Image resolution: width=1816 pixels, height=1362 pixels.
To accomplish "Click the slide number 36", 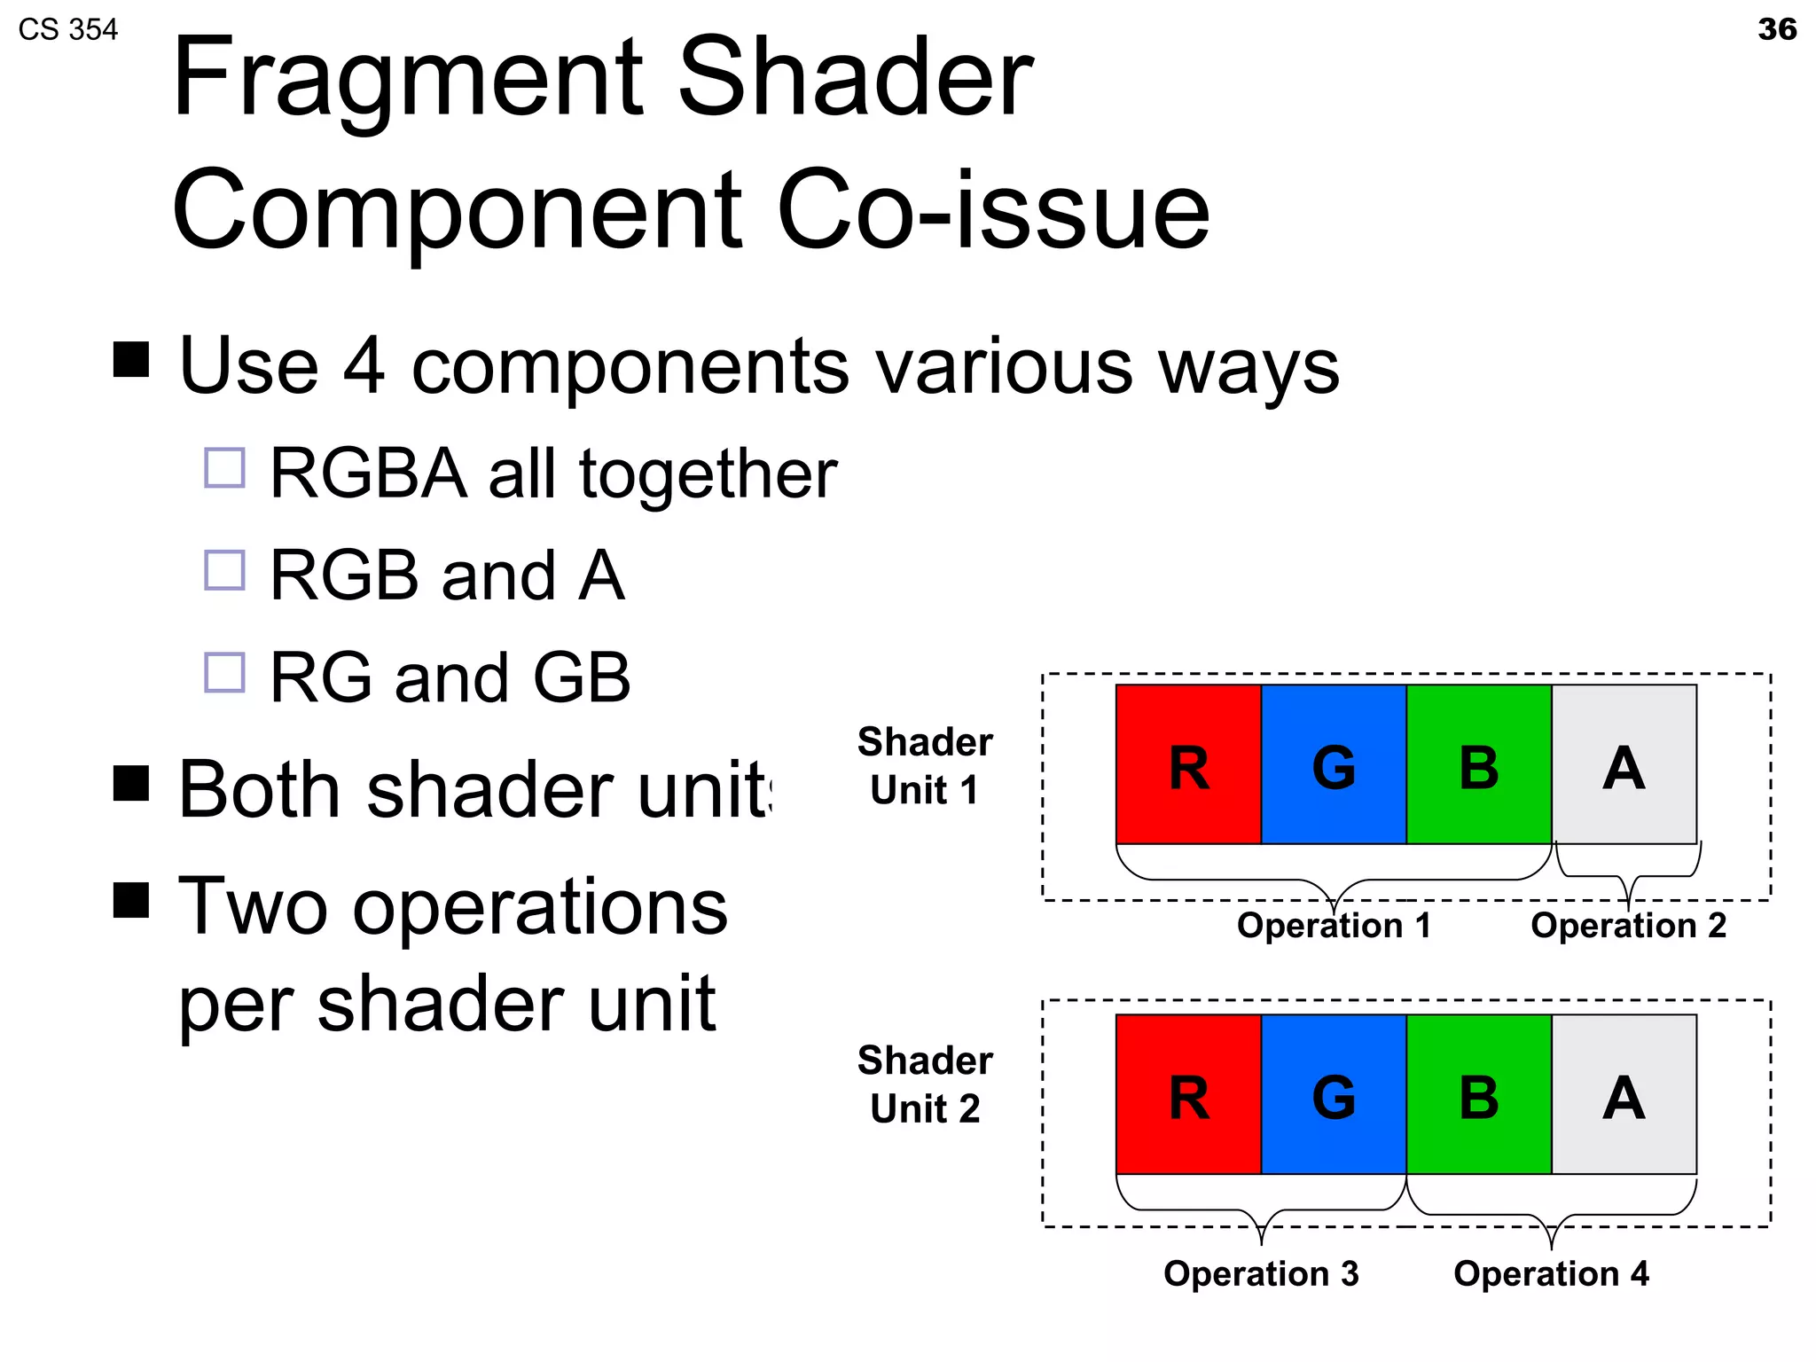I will [1776, 29].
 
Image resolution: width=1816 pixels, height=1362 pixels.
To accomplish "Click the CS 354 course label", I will [67, 30].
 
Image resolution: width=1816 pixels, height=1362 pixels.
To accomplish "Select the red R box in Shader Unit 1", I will [1188, 764].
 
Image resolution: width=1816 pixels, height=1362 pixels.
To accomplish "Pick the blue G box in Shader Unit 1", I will [1334, 764].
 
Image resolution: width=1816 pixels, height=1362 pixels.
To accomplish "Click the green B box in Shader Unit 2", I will [1478, 1094].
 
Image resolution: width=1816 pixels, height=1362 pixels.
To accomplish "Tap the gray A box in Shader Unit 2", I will [1624, 1094].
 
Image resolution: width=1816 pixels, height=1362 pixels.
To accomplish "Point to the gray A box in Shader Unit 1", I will [1624, 764].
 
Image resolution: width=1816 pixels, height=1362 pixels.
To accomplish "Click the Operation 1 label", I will [1334, 926].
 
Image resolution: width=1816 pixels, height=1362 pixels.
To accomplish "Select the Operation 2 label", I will [1628, 926].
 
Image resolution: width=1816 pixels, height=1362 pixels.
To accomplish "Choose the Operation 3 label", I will [1260, 1273].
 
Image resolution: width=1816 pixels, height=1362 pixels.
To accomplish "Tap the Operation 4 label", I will [1551, 1273].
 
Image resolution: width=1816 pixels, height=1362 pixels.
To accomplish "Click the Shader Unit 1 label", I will [925, 765].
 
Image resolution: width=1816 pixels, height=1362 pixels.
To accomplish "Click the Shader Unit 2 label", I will [925, 1084].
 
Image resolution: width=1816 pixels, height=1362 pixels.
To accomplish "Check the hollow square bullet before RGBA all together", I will [224, 467].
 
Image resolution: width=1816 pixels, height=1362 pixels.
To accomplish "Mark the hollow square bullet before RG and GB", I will [224, 672].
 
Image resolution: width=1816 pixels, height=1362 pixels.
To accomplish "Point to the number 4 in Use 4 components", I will [364, 366].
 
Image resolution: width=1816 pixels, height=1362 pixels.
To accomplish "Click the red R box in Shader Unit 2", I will [1188, 1094].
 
